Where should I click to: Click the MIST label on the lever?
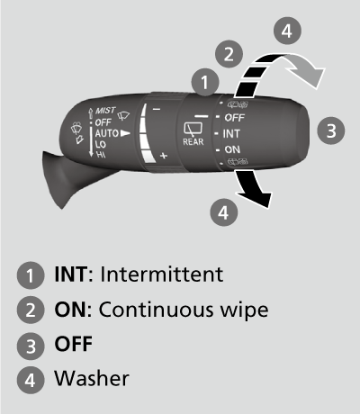click(x=105, y=111)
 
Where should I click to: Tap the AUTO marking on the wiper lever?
click(x=106, y=133)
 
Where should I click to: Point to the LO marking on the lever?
click(x=101, y=144)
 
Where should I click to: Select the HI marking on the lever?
click(x=101, y=155)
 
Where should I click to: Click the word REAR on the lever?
click(x=193, y=141)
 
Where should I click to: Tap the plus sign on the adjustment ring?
click(x=164, y=156)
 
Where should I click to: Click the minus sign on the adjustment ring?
click(x=157, y=109)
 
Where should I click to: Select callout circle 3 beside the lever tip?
click(x=331, y=130)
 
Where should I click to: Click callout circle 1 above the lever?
click(x=205, y=82)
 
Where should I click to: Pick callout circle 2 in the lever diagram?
click(x=229, y=54)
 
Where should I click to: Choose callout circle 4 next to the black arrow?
click(x=224, y=212)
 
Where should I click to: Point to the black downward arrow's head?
click(x=257, y=199)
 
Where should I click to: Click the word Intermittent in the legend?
click(x=161, y=274)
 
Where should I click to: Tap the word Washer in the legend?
click(x=92, y=378)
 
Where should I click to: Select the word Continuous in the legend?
click(x=157, y=310)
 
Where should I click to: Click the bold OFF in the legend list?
click(x=74, y=344)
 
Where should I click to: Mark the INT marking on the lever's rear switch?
click(x=231, y=133)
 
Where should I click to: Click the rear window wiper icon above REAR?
click(x=193, y=129)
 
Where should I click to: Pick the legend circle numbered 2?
click(x=31, y=310)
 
